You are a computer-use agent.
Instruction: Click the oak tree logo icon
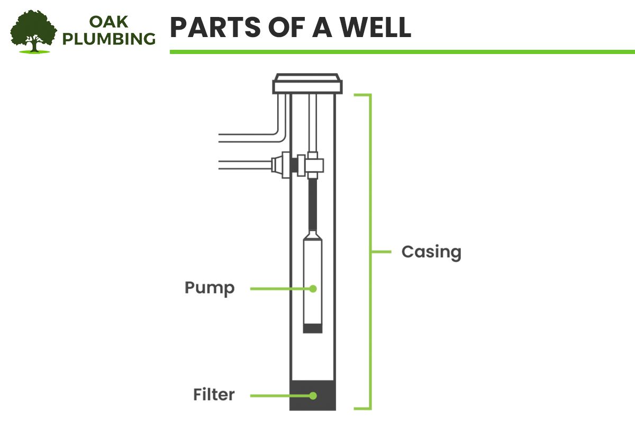(33, 31)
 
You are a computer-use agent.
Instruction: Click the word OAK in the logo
(109, 22)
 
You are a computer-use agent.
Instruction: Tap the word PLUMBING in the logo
(109, 39)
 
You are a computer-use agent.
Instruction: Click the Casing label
(431, 252)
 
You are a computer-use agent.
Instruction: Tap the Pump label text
(210, 289)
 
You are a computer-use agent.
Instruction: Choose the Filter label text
(213, 395)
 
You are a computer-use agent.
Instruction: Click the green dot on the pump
(313, 289)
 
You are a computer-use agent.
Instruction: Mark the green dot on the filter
(313, 395)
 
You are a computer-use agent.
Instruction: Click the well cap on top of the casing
(306, 84)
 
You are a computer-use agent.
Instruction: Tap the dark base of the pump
(312, 328)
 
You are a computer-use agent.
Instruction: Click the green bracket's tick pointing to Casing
(379, 252)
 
